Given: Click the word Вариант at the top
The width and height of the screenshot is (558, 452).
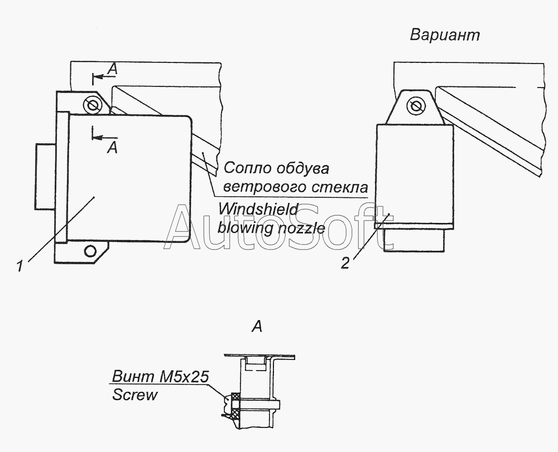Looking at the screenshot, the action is pyautogui.click(x=445, y=35).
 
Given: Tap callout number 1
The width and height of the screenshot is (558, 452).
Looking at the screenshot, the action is pyautogui.click(x=20, y=266).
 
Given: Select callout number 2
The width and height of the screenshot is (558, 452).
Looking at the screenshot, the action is pyautogui.click(x=345, y=263).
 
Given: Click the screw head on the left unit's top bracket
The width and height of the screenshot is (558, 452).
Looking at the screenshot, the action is pyautogui.click(x=93, y=105).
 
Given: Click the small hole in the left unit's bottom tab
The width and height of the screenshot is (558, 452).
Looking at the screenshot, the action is pyautogui.click(x=91, y=251).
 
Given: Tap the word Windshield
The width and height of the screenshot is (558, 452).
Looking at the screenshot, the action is pyautogui.click(x=258, y=210).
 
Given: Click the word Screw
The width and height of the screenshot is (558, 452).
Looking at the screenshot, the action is pyautogui.click(x=134, y=395).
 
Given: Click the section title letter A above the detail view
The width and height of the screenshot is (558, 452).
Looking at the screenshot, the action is pyautogui.click(x=257, y=326).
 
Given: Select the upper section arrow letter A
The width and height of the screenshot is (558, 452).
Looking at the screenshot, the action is pyautogui.click(x=113, y=69).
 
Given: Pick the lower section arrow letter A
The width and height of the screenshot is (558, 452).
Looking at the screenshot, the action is pyautogui.click(x=113, y=148).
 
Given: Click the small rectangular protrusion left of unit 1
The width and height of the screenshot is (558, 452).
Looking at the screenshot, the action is pyautogui.click(x=45, y=176).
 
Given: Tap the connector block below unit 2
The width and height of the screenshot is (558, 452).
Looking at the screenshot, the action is pyautogui.click(x=415, y=240).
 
